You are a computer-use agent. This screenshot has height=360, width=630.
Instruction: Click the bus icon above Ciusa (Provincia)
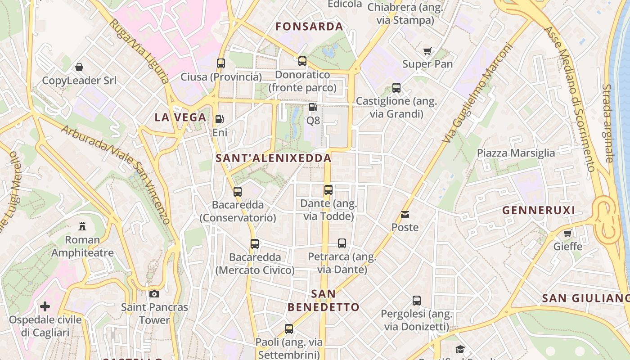(220, 63)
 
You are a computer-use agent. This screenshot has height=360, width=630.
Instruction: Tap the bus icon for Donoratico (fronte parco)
(302, 61)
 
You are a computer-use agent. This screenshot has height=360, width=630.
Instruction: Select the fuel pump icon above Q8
(313, 107)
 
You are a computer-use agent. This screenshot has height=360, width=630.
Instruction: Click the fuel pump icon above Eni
(220, 119)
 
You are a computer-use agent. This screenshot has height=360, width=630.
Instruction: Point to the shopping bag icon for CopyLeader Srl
(79, 67)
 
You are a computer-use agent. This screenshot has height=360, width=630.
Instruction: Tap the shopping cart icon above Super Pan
(427, 51)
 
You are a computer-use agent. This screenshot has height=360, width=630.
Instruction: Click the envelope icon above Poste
(405, 214)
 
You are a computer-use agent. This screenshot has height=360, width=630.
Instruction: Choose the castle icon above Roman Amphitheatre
(82, 226)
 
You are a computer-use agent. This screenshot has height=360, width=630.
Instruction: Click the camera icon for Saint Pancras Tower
(154, 294)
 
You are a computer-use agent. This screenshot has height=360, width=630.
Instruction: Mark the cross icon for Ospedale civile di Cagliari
(45, 307)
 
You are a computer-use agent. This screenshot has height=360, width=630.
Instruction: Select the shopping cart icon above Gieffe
(568, 233)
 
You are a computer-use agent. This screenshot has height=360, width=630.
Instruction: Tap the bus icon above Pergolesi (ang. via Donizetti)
(417, 300)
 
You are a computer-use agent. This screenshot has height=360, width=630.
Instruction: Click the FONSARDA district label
(309, 27)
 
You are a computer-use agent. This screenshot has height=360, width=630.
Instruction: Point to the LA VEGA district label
(180, 117)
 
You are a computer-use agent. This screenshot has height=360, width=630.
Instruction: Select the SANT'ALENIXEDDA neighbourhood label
(274, 158)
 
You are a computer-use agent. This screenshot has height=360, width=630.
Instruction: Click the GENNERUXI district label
(539, 210)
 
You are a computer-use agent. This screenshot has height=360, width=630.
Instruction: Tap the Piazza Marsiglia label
(516, 153)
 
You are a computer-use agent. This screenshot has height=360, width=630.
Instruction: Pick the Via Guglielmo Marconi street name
(478, 93)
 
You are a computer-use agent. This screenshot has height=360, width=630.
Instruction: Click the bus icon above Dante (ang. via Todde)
(328, 190)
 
